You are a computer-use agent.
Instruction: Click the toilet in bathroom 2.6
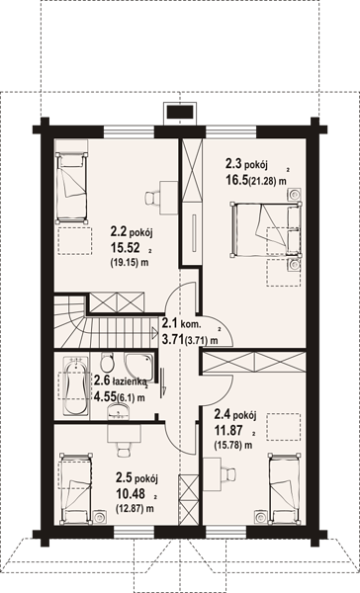pos(107,363)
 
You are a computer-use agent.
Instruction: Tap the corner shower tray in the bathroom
pos(138,368)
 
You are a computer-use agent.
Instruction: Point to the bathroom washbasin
pos(118,411)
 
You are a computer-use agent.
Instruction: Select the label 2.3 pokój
pos(247,164)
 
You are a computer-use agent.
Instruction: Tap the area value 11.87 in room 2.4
pos(229,430)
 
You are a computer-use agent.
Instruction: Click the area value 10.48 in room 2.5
pos(131,492)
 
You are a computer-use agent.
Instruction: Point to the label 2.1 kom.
pos(182,323)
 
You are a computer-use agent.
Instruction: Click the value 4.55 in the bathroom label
pos(105,396)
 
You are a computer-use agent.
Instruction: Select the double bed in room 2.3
pos(265,229)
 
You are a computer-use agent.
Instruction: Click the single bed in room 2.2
pos(70,189)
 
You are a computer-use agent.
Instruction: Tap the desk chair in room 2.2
pos(151,198)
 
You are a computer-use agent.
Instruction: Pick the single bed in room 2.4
pos(286,489)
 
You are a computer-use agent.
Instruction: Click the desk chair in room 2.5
pos(124,450)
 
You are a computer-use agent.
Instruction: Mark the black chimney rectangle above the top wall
pos(181,113)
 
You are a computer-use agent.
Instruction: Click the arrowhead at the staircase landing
pos(154,333)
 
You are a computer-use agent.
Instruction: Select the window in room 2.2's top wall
pos(130,132)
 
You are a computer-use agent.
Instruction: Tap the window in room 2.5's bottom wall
pos(134,532)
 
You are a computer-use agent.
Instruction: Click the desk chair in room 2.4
pos(229,472)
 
